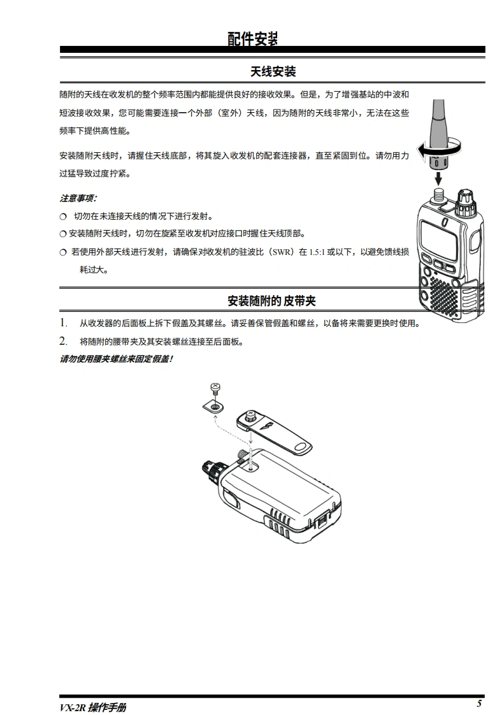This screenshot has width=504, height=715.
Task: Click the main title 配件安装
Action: tap(253, 39)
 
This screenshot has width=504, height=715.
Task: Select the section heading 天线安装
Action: tap(273, 71)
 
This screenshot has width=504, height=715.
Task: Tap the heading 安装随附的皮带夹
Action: tap(272, 301)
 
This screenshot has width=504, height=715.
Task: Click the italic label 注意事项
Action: tap(78, 198)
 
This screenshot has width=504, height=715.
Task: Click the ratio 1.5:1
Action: tap(317, 252)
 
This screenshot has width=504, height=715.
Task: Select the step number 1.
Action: tap(64, 323)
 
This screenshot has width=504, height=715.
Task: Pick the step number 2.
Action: tap(64, 341)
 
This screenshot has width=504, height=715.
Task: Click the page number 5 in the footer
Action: tap(479, 703)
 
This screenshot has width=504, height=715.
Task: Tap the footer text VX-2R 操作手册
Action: tap(92, 707)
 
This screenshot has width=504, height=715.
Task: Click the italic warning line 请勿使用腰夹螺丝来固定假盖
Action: tap(117, 359)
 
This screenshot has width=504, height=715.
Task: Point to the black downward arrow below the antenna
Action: tap(438, 178)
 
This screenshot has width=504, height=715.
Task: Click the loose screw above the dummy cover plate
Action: tap(215, 389)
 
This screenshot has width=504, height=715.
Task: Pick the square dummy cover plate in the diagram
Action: tap(214, 405)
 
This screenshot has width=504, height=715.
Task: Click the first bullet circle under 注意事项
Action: tap(64, 217)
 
